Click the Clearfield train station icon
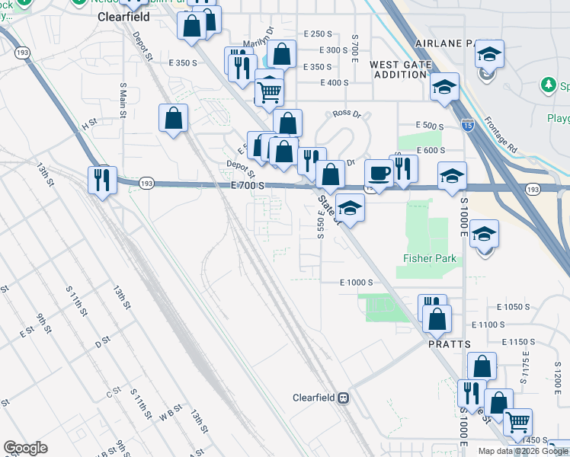(x=344, y=398)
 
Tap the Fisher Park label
(x=430, y=258)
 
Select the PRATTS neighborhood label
(x=445, y=344)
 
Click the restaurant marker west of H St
(x=102, y=180)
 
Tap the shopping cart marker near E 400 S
(x=270, y=92)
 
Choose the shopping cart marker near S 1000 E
(x=518, y=422)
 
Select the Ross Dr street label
(x=347, y=113)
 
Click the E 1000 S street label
(x=356, y=282)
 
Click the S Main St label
(x=122, y=98)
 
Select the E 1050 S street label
(x=512, y=306)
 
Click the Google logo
(x=25, y=448)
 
